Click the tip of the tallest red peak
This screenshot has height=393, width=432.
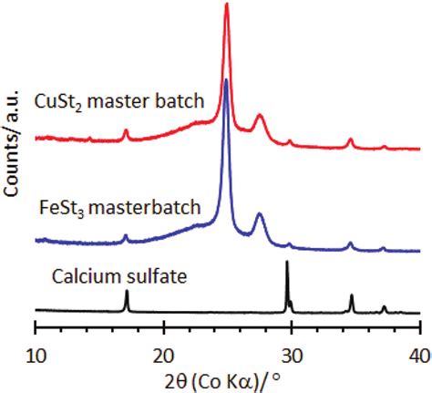tap(227, 5)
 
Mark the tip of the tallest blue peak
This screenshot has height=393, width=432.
tap(226, 92)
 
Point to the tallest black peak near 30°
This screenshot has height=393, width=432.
tap(288, 263)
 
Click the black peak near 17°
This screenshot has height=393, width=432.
tap(127, 291)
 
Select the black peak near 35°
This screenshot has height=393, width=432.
tap(352, 295)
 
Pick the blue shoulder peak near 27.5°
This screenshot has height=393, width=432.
tap(260, 213)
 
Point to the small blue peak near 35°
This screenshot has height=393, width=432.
tap(351, 243)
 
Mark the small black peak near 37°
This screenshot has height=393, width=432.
tap(384, 306)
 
